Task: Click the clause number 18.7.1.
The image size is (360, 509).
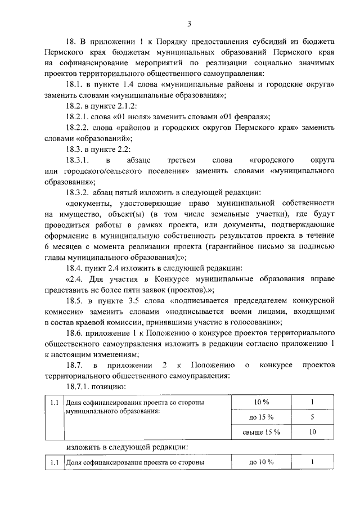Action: [x=79, y=386]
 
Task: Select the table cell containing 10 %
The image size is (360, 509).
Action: [x=262, y=402]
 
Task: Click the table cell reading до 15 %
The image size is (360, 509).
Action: [x=261, y=417]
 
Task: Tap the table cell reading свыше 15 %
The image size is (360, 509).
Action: [x=261, y=432]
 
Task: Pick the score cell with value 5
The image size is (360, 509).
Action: [x=312, y=417]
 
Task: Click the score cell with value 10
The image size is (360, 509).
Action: [x=312, y=432]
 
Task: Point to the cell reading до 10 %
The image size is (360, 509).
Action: [x=261, y=462]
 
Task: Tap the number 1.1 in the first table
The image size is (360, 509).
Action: [x=54, y=403]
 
